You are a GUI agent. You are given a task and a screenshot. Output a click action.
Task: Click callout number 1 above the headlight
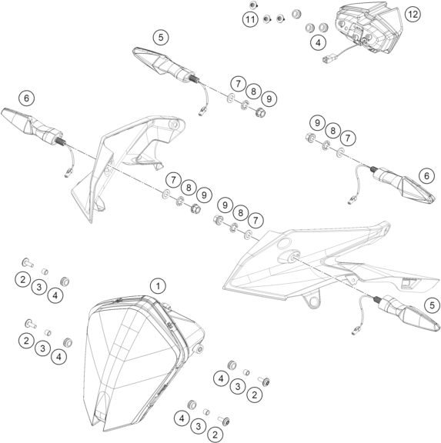click(158, 286)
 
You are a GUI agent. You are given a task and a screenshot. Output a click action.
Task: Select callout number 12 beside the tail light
click(413, 14)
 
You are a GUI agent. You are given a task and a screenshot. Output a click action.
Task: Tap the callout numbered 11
click(250, 19)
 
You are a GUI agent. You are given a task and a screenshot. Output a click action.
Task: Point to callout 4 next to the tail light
click(319, 42)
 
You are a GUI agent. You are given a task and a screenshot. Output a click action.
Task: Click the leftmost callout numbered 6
click(27, 98)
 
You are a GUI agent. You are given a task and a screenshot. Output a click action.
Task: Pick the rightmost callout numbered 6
click(426, 175)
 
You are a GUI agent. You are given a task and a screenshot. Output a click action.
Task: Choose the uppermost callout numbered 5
click(161, 37)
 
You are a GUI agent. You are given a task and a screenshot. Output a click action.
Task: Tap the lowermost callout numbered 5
click(433, 305)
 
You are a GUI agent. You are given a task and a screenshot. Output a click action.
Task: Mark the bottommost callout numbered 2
click(215, 435)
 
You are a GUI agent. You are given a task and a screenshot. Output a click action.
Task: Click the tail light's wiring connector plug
click(326, 59)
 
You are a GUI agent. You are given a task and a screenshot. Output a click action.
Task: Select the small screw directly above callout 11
click(252, 5)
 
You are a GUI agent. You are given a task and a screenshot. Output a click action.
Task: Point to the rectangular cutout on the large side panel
click(409, 283)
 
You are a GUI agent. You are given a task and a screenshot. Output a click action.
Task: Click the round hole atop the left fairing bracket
click(174, 125)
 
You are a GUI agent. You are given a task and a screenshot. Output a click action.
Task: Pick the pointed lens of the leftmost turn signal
click(14, 119)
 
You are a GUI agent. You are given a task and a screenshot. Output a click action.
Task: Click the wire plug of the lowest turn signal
click(356, 330)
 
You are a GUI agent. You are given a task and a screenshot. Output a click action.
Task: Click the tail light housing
click(368, 28)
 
